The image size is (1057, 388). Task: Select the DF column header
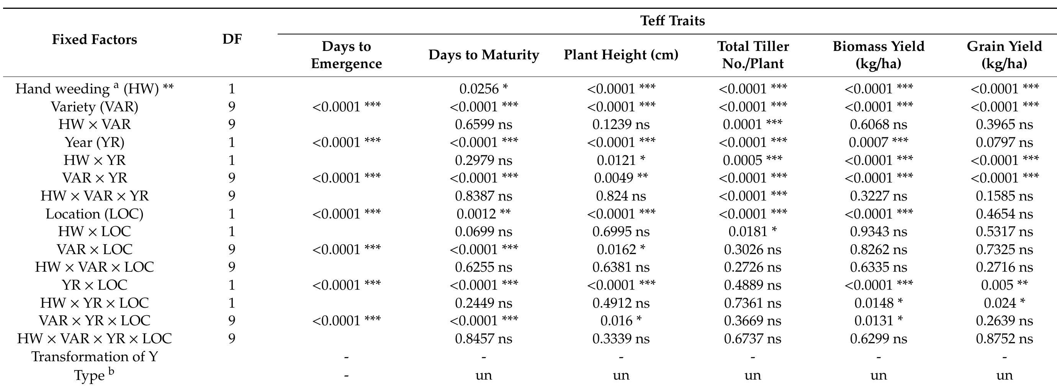[232, 39]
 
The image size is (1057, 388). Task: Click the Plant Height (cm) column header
[621, 55]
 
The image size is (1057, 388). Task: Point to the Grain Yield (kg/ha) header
[1004, 55]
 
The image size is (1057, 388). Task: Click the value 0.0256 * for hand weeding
[483, 89]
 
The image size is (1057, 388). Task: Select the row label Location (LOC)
[94, 214]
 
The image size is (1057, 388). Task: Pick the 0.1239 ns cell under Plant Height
[621, 124]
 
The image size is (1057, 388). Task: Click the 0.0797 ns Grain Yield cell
[1004, 142]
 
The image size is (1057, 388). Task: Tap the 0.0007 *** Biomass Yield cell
[878, 142]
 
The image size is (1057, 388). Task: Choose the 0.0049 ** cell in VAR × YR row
[621, 178]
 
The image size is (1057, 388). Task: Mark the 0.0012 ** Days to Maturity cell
[483, 214]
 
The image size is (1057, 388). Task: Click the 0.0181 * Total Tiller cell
[753, 231]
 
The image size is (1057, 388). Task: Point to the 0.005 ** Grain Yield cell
[1004, 285]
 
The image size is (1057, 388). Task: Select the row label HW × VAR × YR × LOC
[94, 338]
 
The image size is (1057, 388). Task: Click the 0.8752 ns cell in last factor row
[1004, 338]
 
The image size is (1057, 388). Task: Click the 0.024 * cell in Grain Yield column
[1004, 303]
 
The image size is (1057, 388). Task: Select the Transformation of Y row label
[94, 356]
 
